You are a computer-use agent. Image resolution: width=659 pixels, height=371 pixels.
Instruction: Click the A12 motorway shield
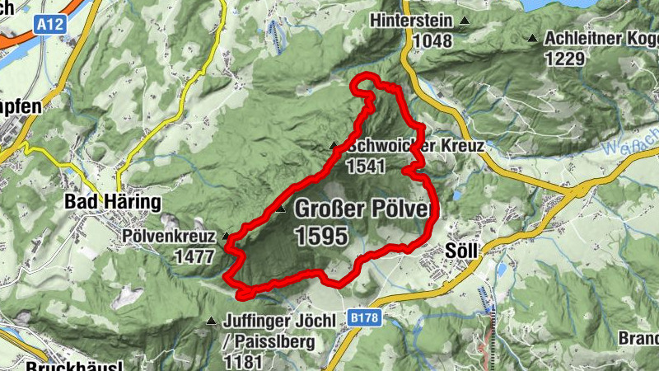pos(49,26)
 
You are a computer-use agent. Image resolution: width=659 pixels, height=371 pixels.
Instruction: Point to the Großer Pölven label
pos(362,210)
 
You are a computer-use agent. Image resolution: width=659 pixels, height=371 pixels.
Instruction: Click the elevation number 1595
pos(320,237)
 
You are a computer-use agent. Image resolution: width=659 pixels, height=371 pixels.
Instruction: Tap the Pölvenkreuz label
pos(169,237)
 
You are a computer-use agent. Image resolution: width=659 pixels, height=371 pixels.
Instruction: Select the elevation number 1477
pos(194,256)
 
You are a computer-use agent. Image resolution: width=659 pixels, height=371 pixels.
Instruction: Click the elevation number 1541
pos(367,166)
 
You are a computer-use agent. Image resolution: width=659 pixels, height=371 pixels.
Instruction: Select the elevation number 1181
pos(242,360)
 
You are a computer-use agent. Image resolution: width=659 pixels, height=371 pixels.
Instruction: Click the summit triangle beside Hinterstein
pos(465,21)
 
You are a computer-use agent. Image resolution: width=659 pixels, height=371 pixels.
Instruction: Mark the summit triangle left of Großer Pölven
pos(281,209)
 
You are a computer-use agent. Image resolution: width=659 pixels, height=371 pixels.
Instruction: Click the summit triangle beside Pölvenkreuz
pos(225,236)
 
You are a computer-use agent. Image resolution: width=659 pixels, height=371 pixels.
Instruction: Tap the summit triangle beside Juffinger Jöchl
pos(209,322)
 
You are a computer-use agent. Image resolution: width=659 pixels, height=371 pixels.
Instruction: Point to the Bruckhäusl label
pos(73,366)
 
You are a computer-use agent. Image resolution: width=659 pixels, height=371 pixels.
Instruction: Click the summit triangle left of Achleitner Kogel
pos(534,38)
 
